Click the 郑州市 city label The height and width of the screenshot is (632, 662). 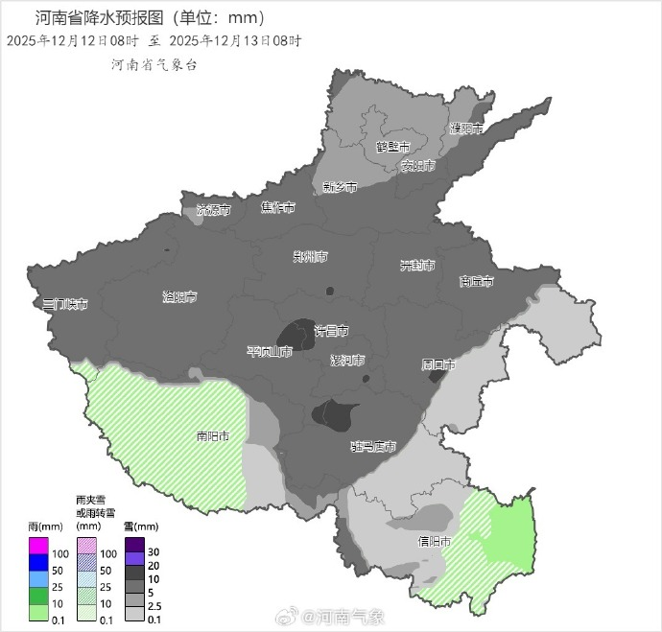310,257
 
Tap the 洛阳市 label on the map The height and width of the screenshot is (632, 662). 179,297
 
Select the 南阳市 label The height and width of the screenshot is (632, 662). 212,436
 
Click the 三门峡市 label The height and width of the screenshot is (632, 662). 65,304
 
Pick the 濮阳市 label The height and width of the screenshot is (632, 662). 466,128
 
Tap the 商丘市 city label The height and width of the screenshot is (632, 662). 476,282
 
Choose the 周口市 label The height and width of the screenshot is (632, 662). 438,364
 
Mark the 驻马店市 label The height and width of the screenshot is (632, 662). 373,446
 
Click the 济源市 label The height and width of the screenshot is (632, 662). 213,209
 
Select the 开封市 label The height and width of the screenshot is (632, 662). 417,265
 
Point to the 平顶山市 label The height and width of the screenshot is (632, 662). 269,352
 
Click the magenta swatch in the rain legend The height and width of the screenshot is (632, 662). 38,547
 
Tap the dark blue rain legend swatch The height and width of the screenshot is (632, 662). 38,562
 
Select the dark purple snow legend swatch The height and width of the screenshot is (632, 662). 134,547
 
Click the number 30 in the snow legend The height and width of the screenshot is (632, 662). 154,552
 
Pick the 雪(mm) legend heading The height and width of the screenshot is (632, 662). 141,527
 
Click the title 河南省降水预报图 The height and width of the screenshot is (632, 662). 96,17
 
